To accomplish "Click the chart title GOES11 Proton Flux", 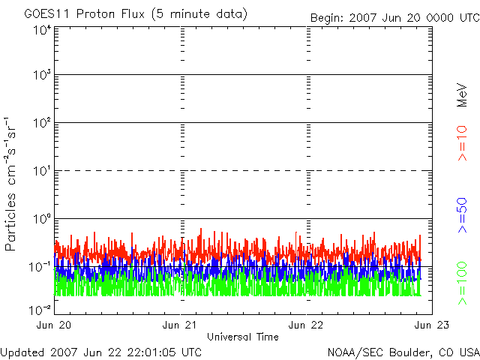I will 136,14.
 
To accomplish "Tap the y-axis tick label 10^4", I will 40,30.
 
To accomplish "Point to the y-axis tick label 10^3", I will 40,75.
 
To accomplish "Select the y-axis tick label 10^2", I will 40,123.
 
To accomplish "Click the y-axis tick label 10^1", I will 40,171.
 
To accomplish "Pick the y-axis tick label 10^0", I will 40,219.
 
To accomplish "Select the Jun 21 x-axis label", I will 181,325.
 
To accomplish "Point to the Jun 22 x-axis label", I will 307,325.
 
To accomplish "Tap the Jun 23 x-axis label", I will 430,325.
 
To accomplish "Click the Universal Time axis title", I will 243,337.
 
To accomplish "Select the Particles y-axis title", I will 13,183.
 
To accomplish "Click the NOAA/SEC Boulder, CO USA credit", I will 403,351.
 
